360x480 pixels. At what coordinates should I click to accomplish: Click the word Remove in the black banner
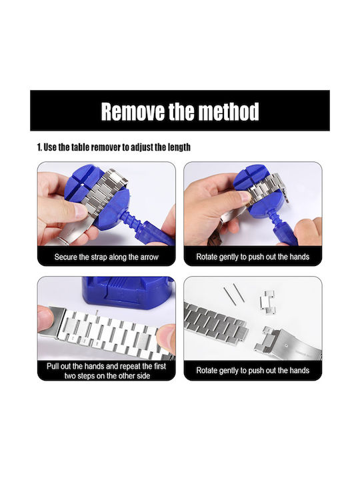133,111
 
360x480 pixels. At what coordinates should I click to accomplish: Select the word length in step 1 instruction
179,147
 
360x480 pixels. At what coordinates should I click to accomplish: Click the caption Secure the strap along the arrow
106,257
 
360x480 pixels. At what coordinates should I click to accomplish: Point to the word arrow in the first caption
149,257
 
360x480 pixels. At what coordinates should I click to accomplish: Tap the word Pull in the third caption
53,366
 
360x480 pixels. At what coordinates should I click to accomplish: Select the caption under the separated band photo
253,371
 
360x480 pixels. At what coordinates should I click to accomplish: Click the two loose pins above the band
233,293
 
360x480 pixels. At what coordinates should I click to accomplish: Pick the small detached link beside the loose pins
267,303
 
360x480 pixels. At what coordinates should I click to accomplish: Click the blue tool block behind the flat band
126,292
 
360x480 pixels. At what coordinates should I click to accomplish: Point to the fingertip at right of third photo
166,337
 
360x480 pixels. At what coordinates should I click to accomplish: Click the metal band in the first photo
104,190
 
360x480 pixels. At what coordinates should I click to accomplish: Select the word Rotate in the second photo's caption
206,257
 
